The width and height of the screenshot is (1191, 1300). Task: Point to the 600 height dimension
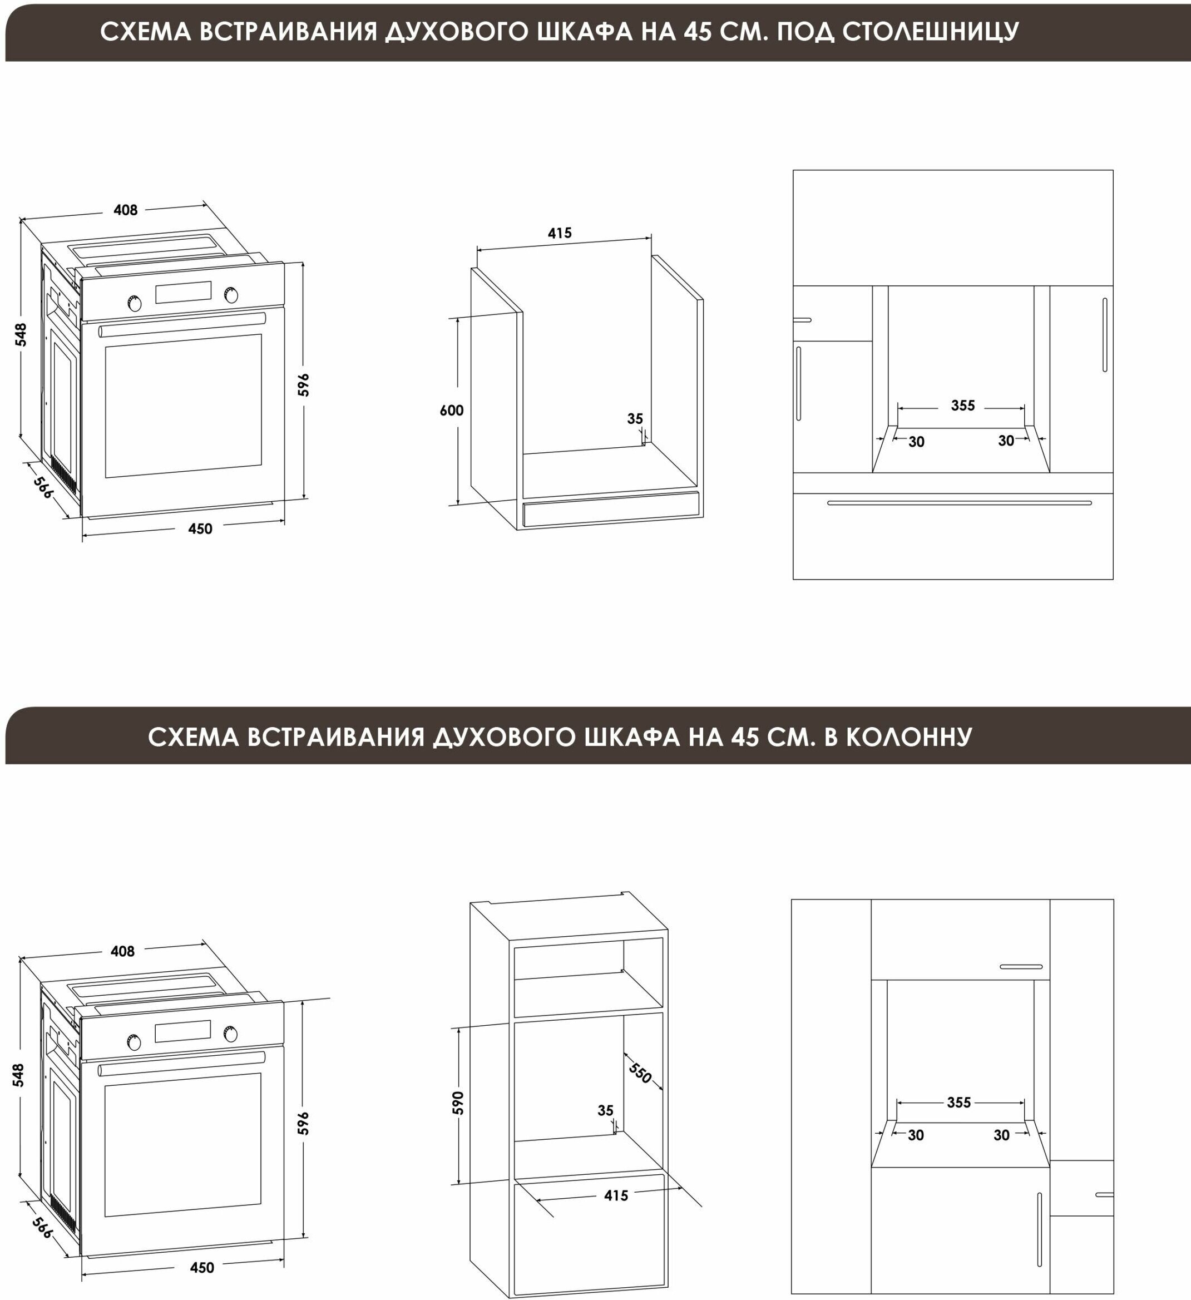(451, 410)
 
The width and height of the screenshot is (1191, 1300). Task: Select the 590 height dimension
(458, 1103)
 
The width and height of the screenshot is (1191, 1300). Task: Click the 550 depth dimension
(640, 1073)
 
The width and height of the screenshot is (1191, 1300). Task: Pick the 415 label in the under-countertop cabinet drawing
(560, 233)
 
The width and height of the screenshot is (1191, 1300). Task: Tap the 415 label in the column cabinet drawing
(616, 1195)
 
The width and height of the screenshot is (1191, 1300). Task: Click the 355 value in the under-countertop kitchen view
(963, 406)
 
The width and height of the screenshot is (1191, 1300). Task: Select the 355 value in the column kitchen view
(959, 1103)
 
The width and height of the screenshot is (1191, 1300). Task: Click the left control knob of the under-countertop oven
(135, 304)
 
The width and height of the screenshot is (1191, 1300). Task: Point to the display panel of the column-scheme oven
(183, 1031)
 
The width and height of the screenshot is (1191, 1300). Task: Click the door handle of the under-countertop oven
(182, 325)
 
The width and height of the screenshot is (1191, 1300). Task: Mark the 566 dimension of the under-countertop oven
(43, 487)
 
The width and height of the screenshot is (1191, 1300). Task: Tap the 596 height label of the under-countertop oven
(304, 384)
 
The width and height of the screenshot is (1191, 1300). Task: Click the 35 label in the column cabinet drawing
(605, 1110)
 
